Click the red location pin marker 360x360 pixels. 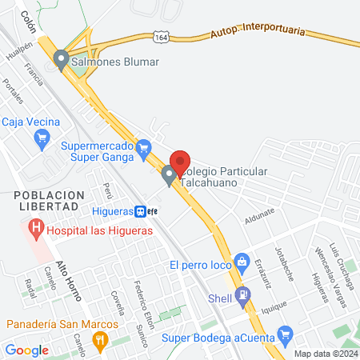coord(181,160)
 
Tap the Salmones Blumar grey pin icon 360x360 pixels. coord(62,60)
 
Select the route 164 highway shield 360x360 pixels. coord(162,38)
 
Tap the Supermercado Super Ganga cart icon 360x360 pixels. coord(144,146)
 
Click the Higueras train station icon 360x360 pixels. coord(141,211)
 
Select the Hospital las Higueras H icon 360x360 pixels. coord(35,230)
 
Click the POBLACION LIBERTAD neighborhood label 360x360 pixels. coord(48,200)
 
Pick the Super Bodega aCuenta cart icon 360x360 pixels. coord(282,334)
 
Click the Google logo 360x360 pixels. coord(26,350)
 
